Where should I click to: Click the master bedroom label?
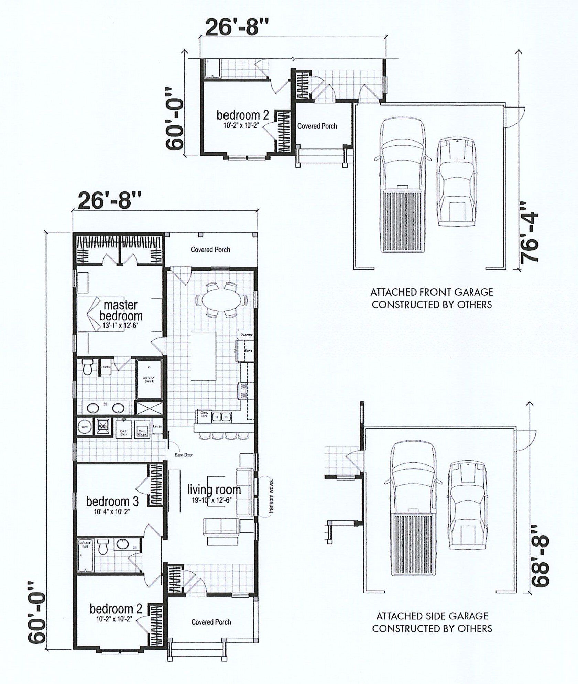click(x=120, y=310)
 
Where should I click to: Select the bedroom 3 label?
click(x=112, y=501)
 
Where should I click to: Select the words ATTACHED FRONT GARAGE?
click(x=431, y=293)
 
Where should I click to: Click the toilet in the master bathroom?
click(x=88, y=367)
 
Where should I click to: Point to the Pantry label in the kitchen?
click(x=247, y=334)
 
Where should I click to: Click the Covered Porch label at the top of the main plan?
click(x=210, y=250)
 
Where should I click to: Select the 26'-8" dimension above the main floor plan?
click(x=110, y=201)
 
